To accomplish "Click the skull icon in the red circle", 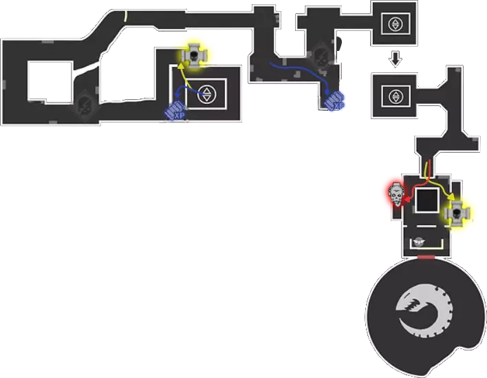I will click(395, 196).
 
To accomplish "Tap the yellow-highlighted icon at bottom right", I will click(458, 214).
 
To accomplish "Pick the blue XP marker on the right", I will click(335, 101).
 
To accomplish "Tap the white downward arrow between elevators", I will click(395, 61).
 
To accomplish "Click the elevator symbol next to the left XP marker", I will click(205, 94).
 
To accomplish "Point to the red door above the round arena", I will click(426, 258).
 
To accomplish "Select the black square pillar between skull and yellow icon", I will click(426, 202).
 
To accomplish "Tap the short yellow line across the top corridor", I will click(125, 15).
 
